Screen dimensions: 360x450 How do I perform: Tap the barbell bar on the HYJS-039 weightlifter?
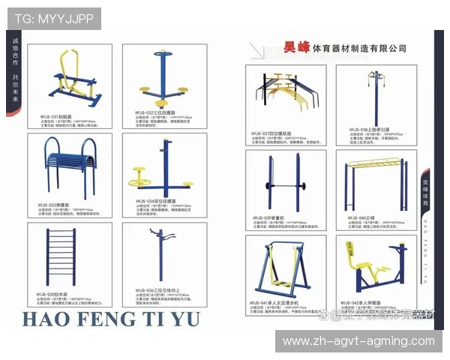280,182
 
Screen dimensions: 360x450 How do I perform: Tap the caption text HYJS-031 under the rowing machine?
53,117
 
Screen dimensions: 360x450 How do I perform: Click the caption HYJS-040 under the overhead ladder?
357,217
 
